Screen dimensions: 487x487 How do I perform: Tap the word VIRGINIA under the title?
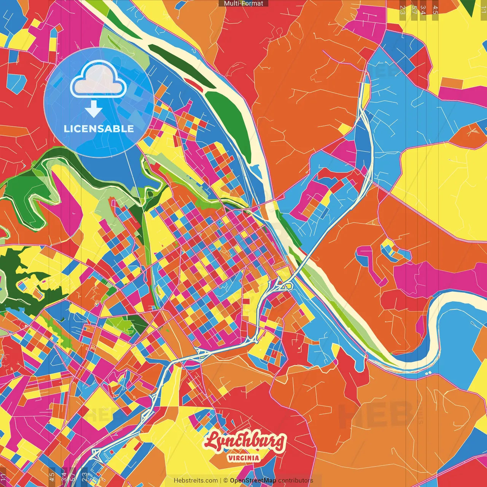tap(243, 458)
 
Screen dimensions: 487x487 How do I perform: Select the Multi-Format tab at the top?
tap(243, 3)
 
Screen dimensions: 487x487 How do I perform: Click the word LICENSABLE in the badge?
tap(99, 129)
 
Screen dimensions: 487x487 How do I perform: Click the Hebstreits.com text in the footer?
tap(196, 481)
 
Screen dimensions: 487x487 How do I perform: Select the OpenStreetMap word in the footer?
tap(253, 481)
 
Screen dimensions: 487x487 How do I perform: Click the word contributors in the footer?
tap(296, 481)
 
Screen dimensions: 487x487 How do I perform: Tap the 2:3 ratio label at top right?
tap(403, 10)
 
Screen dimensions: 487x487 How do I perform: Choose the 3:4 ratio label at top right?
tap(423, 10)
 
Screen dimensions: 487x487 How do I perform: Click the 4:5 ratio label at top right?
tap(435, 10)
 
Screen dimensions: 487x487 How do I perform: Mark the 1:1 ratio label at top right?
tap(483, 9)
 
